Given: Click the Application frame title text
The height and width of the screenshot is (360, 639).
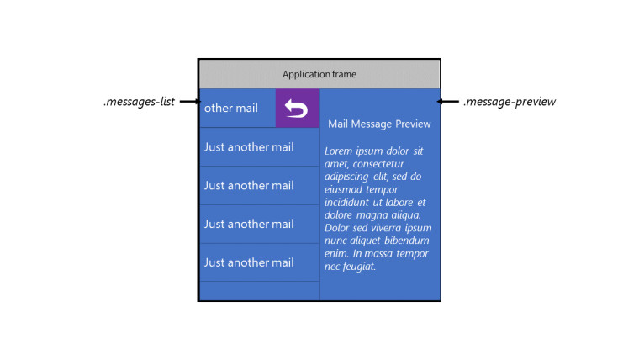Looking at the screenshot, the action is click(319, 74).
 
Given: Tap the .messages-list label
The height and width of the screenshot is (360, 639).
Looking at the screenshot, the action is click(139, 102).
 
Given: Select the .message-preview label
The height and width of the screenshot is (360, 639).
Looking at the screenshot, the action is click(510, 102).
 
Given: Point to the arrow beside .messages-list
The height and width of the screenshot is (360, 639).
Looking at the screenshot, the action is click(190, 101).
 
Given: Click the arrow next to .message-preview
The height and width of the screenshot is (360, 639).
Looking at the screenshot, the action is click(447, 101).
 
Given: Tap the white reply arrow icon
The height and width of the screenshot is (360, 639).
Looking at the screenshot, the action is click(296, 109).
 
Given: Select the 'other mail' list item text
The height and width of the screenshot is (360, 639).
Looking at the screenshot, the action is click(231, 108).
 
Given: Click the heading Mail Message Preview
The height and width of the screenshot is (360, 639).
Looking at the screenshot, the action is click(379, 124).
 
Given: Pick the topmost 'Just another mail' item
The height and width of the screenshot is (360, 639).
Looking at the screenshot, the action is click(249, 147).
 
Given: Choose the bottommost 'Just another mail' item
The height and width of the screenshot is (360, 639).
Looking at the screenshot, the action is click(249, 262).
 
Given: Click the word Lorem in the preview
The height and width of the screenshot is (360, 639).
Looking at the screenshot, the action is click(338, 151).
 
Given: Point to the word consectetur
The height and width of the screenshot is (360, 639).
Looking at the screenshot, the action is click(378, 164).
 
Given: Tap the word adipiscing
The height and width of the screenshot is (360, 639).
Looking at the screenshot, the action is click(346, 177).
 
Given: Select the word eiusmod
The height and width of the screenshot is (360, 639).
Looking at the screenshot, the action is click(343, 189).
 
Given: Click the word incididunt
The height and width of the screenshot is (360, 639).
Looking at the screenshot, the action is click(347, 203).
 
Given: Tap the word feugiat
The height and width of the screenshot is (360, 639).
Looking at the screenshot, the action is click(359, 267).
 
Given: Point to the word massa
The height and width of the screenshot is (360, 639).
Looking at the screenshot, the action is click(379, 254).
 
